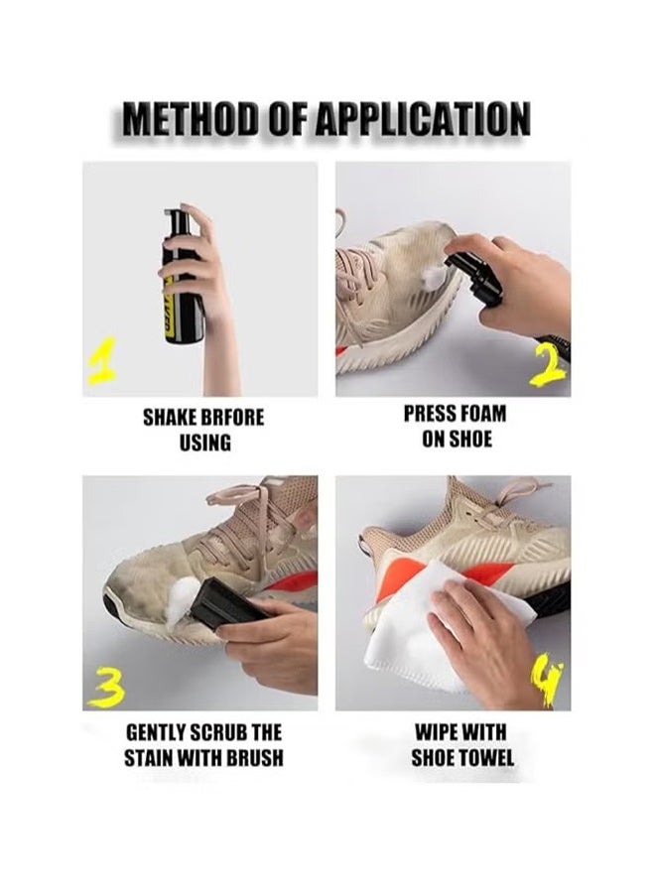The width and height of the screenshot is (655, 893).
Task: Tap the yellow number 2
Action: [x=547, y=365]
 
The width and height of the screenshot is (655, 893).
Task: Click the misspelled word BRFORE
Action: [x=231, y=417]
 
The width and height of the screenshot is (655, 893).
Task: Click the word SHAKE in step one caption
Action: [x=172, y=417]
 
